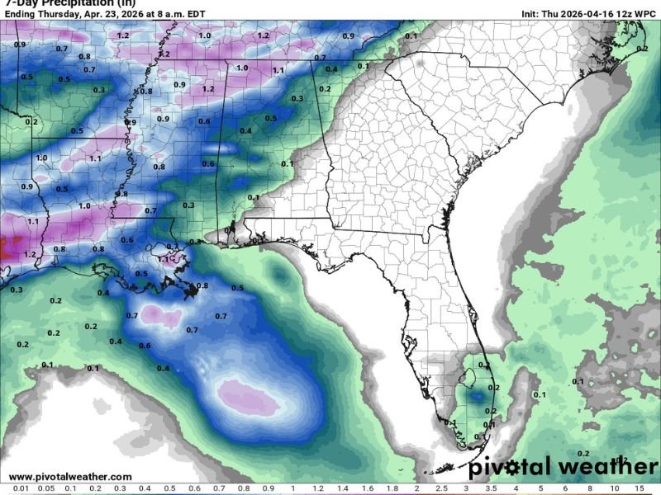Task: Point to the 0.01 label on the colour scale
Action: (x=22, y=489)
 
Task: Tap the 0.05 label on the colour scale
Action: (x=47, y=489)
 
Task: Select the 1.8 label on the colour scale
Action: (x=392, y=489)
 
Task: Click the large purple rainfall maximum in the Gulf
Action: (x=248, y=397)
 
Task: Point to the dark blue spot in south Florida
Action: (x=474, y=396)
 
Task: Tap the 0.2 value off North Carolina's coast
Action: (x=643, y=49)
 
